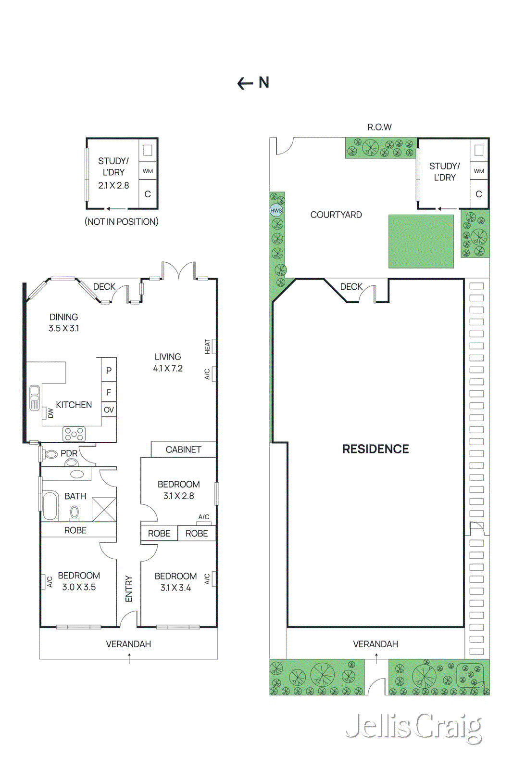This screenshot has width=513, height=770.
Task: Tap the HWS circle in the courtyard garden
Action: [276, 210]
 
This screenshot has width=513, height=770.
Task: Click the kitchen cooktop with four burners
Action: [74, 434]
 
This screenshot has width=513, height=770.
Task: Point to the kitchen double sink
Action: [35, 398]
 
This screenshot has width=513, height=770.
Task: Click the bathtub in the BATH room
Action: [50, 505]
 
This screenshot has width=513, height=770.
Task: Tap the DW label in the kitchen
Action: [50, 413]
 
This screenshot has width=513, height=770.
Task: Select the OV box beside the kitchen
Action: [109, 410]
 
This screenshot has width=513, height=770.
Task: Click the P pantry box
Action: [109, 370]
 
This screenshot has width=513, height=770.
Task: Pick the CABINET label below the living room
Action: [183, 449]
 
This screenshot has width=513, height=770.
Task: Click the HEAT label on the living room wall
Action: [208, 346]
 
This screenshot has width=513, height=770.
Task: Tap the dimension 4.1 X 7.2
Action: [168, 369]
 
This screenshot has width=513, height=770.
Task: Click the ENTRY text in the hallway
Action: [129, 589]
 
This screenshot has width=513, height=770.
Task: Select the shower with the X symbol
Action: [104, 509]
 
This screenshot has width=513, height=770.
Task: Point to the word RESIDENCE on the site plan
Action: [375, 449]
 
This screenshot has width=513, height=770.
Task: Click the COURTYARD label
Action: [336, 215]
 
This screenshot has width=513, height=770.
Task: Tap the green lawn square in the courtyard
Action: [421, 241]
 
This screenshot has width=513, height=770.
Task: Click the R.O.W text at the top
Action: [379, 127]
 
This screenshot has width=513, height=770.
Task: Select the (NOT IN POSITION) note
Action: [122, 222]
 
